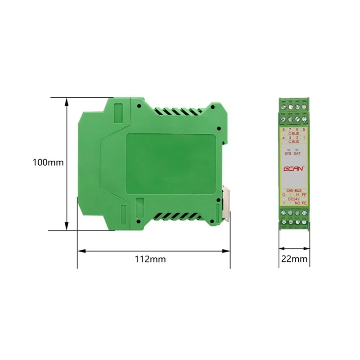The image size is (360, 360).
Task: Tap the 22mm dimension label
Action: (294, 259)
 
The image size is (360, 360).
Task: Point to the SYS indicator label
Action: (288, 154)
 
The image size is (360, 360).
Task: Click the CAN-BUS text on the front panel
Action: (294, 190)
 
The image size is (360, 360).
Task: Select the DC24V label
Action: (294, 199)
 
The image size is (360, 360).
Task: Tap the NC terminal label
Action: (297, 203)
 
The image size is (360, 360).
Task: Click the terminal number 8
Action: (283, 130)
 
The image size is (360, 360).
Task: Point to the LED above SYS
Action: (288, 148)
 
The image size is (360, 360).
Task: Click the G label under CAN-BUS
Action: (283, 195)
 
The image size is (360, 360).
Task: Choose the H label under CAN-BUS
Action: (297, 195)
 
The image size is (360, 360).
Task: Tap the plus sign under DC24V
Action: (283, 203)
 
